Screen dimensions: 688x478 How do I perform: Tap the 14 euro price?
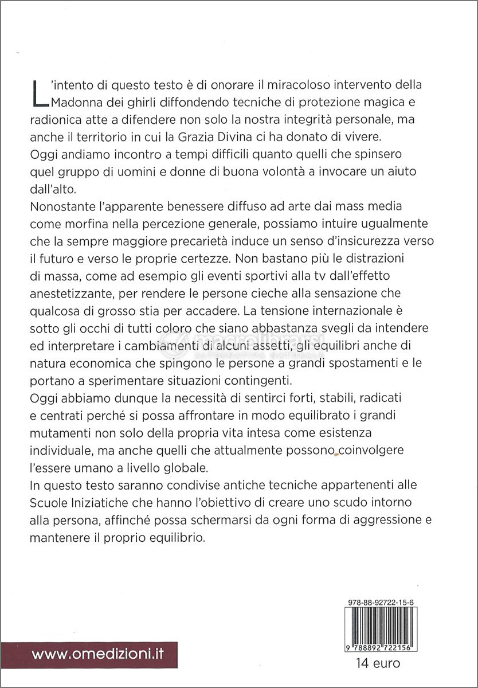(x=377, y=664)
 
